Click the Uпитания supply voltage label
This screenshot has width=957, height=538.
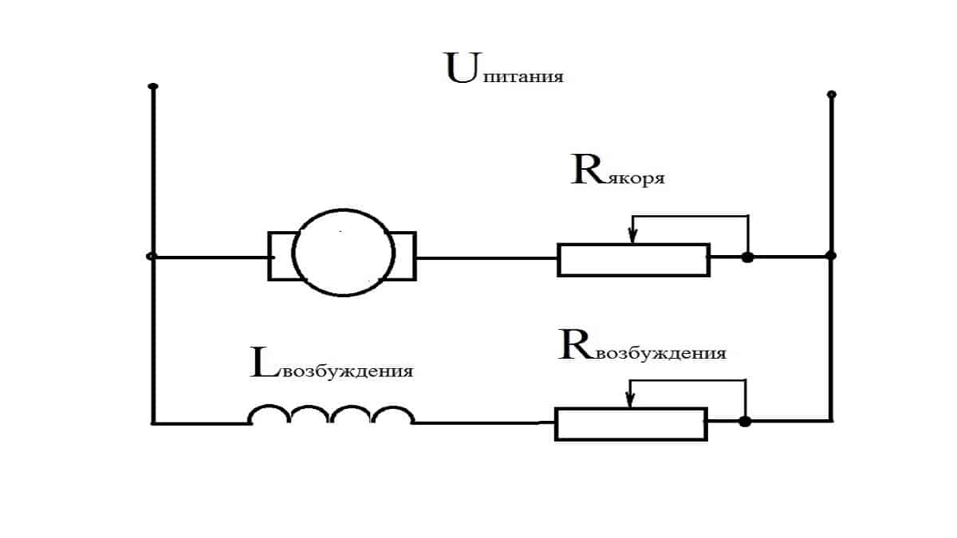pyautogui.click(x=504, y=69)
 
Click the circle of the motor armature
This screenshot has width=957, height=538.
pyautogui.click(x=343, y=253)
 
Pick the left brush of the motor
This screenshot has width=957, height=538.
pyautogui.click(x=280, y=256)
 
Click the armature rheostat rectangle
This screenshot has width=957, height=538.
pyautogui.click(x=633, y=260)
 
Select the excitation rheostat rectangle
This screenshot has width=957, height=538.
pyautogui.click(x=631, y=423)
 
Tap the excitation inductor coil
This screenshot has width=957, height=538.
pyautogui.click(x=331, y=416)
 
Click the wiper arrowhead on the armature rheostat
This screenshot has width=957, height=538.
pyautogui.click(x=632, y=236)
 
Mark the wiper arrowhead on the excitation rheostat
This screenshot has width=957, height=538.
pyautogui.click(x=630, y=400)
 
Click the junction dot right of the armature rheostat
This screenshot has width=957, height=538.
pyautogui.click(x=747, y=257)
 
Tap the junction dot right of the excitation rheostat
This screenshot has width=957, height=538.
pyautogui.click(x=744, y=422)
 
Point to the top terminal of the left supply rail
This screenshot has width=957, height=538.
pyautogui.click(x=153, y=86)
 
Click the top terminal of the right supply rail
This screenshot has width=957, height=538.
pyautogui.click(x=832, y=95)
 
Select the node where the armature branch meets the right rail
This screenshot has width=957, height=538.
pyautogui.click(x=831, y=256)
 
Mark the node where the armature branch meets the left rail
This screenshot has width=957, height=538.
pyautogui.click(x=152, y=256)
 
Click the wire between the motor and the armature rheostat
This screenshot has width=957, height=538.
pyautogui.click(x=486, y=257)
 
